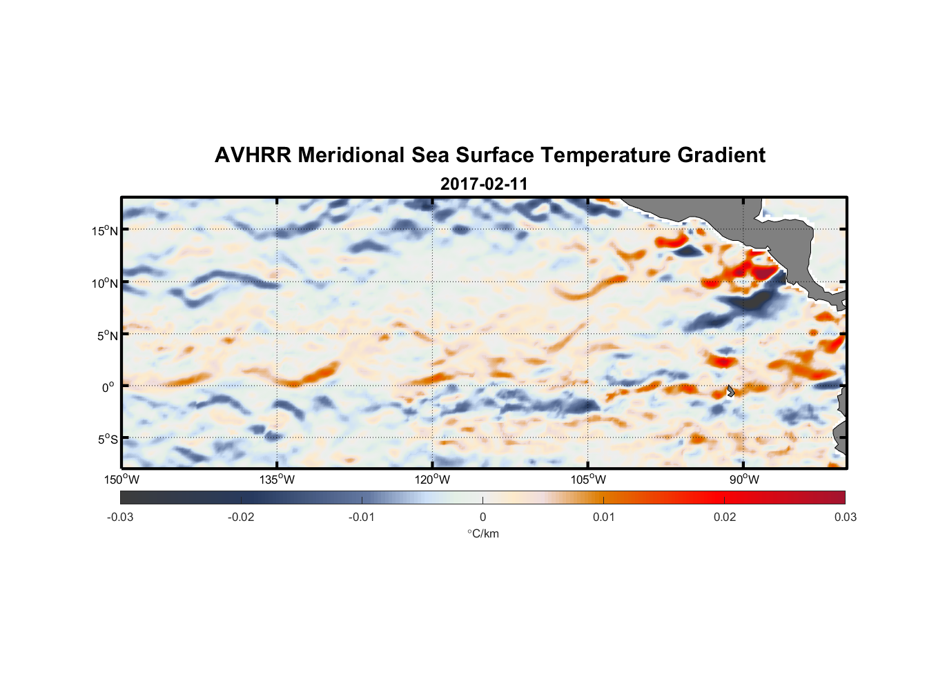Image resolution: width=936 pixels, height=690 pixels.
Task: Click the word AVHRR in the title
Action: [253, 155]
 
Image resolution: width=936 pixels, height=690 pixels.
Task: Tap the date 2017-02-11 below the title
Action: [484, 184]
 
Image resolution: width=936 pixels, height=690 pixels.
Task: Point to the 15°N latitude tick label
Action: [105, 231]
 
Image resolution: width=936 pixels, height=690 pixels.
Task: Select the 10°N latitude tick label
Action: [105, 283]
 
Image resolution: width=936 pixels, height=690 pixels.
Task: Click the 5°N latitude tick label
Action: [107, 335]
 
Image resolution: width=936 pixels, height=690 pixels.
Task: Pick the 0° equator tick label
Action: [108, 387]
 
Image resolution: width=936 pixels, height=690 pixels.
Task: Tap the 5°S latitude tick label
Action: [107, 440]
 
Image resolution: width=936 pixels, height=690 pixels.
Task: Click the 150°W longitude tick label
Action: [121, 480]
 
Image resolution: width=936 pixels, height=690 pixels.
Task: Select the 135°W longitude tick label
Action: [277, 480]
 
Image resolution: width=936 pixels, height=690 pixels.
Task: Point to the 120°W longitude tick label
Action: [433, 480]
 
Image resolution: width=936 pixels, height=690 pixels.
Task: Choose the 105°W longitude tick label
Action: [588, 480]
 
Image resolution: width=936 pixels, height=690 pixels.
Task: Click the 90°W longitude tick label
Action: [744, 480]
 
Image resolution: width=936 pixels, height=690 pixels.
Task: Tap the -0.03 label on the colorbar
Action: [120, 517]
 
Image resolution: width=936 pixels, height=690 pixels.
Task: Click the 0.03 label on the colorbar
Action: [845, 517]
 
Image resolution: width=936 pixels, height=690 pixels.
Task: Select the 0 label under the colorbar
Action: [482, 517]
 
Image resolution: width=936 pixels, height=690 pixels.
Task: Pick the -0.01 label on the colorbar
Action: [362, 517]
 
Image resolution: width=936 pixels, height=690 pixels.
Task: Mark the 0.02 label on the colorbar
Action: [724, 517]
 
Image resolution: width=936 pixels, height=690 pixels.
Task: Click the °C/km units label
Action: [482, 533]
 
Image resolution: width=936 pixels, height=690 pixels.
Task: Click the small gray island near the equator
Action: [730, 391]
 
